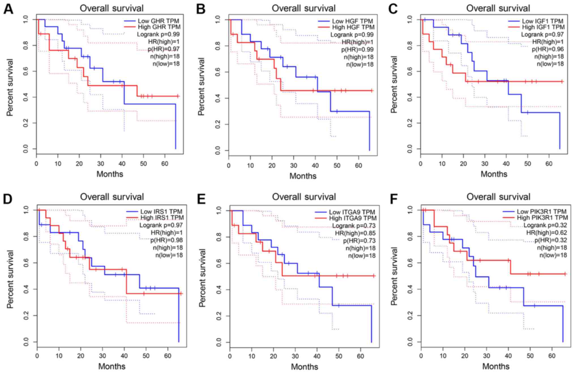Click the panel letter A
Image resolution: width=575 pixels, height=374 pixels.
(8, 9)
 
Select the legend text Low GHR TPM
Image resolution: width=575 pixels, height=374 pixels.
(158, 21)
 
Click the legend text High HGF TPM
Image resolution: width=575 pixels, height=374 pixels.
(353, 27)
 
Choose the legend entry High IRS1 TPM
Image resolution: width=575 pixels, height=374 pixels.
(162, 218)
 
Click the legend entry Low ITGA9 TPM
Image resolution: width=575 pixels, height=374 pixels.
(352, 212)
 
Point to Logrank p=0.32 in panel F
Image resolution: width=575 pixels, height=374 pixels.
(545, 225)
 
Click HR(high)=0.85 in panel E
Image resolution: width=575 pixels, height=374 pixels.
(355, 233)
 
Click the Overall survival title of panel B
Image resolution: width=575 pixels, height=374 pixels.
(303, 8)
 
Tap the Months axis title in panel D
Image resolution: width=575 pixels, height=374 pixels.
(112, 366)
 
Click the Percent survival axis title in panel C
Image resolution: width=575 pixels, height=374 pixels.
(394, 84)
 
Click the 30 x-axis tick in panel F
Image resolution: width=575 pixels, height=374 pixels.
(487, 356)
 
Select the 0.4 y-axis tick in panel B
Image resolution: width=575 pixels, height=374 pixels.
(217, 98)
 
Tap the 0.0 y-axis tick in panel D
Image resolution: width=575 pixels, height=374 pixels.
(26, 342)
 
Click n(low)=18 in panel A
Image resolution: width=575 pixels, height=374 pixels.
(166, 64)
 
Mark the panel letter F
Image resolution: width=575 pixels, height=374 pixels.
(394, 199)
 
